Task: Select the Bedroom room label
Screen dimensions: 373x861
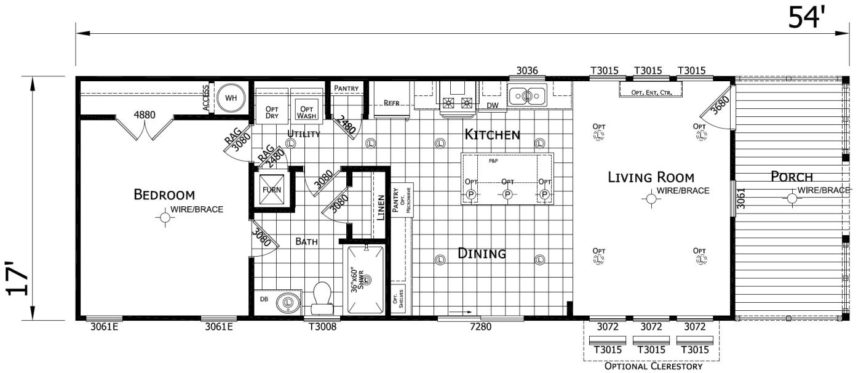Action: coord(164,195)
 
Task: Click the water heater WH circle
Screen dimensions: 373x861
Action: coord(231,97)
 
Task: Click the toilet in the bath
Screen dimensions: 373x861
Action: coord(322,297)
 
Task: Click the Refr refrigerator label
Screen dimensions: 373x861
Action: coord(392,103)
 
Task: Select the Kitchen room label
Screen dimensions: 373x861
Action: coord(492,134)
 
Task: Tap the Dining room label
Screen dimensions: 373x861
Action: coord(482,253)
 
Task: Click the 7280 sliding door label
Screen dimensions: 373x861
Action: coord(480,327)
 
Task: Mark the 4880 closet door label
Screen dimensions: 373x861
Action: coord(145,114)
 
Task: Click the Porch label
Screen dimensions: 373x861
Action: coord(792,177)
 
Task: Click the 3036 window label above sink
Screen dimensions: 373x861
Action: coord(527,71)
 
